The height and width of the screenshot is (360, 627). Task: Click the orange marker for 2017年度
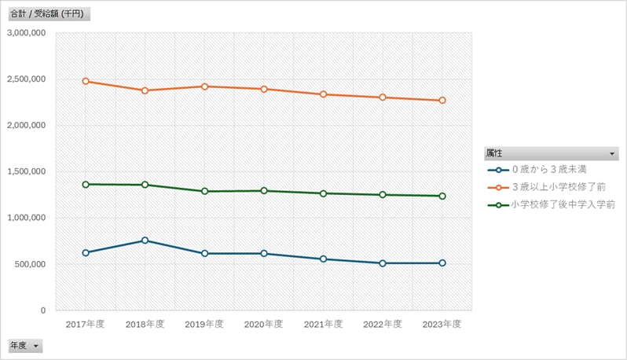click(86, 81)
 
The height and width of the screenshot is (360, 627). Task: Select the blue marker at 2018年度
click(145, 241)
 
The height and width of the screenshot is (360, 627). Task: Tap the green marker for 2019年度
click(204, 191)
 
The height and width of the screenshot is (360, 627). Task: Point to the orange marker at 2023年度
click(442, 101)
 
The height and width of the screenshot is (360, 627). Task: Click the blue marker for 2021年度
click(323, 259)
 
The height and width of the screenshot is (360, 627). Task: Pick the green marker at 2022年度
click(383, 194)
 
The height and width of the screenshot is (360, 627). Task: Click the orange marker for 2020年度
click(264, 89)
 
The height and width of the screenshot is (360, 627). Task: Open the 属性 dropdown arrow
click(613, 152)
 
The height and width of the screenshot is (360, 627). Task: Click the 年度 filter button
click(24, 346)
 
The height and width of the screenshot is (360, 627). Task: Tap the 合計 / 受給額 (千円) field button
click(46, 14)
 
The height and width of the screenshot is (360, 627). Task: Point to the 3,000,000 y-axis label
click(26, 33)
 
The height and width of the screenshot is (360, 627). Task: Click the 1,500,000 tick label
click(26, 171)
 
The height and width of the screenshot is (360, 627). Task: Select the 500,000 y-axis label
click(30, 264)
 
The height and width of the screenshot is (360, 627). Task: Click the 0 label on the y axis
click(42, 310)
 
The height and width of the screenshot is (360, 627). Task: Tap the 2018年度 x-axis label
click(145, 324)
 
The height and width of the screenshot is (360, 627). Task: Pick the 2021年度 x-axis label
click(323, 324)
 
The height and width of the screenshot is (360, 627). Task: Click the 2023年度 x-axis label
click(442, 324)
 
